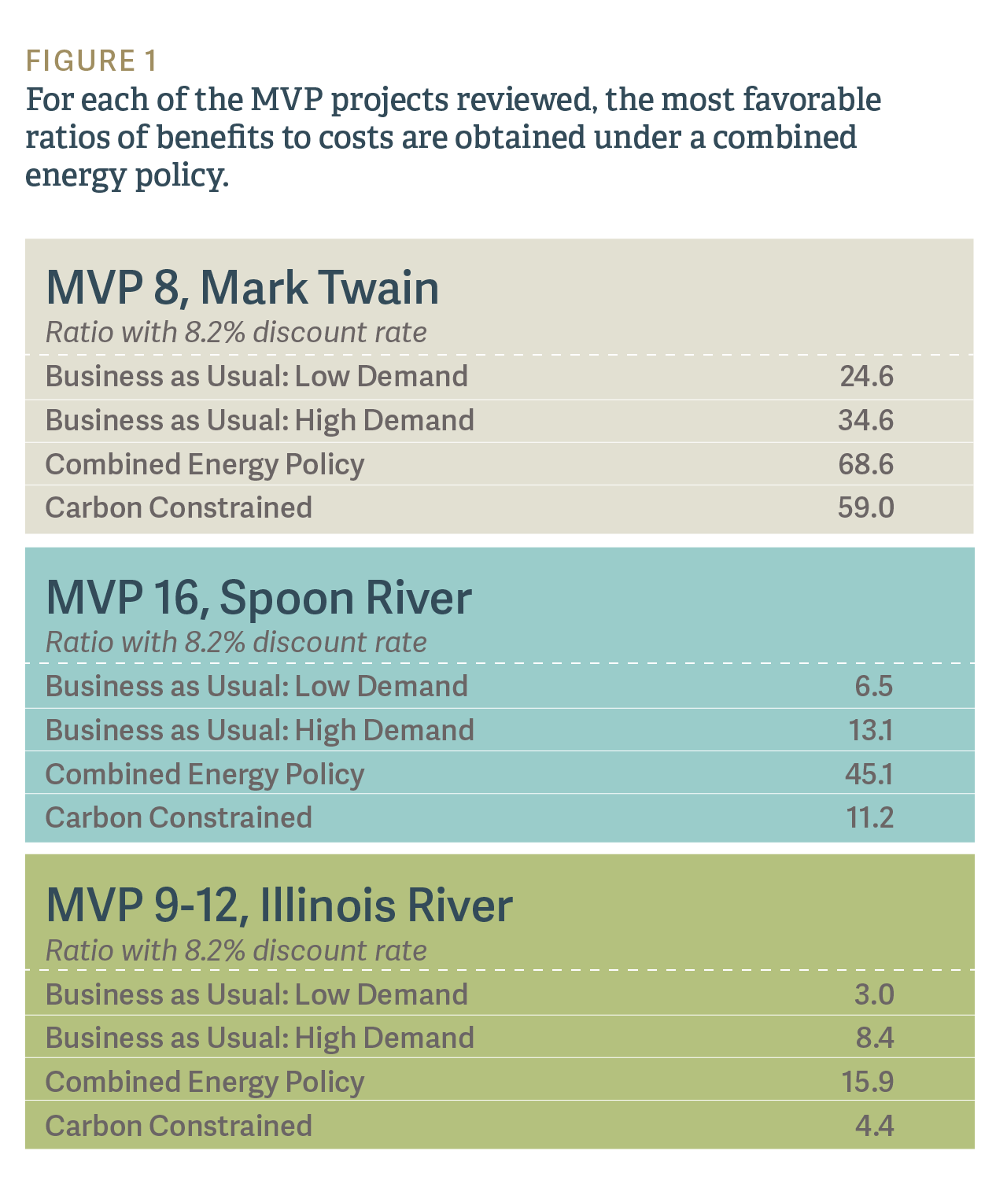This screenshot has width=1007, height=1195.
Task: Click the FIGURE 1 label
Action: click(x=92, y=61)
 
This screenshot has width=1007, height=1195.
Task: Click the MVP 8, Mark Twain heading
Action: click(x=242, y=287)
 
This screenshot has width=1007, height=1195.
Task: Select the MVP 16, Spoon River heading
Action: click(x=259, y=597)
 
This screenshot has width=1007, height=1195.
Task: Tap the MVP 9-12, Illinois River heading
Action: click(x=279, y=905)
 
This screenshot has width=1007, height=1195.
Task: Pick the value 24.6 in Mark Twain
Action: click(x=866, y=376)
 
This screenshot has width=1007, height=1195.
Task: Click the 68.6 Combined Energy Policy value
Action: click(x=865, y=464)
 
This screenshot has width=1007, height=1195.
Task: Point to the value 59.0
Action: click(x=865, y=507)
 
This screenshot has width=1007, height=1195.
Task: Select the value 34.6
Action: click(x=865, y=420)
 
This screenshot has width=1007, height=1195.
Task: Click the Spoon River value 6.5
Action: click(x=874, y=686)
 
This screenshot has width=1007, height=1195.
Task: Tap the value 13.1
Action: click(x=870, y=730)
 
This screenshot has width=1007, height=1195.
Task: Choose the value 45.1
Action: click(x=869, y=774)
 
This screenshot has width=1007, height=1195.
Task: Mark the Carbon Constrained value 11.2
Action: click(x=869, y=817)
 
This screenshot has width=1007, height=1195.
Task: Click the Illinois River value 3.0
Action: click(x=874, y=994)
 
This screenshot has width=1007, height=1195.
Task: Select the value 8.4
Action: click(x=875, y=1038)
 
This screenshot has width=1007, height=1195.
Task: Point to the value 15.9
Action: click(x=867, y=1082)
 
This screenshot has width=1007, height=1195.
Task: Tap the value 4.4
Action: click(x=874, y=1126)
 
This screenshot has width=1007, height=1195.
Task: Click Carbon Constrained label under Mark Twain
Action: click(x=179, y=507)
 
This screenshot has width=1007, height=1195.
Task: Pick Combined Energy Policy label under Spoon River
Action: click(x=205, y=774)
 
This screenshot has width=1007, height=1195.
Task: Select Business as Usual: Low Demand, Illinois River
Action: click(x=256, y=994)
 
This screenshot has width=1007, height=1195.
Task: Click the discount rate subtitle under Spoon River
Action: click(x=236, y=642)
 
